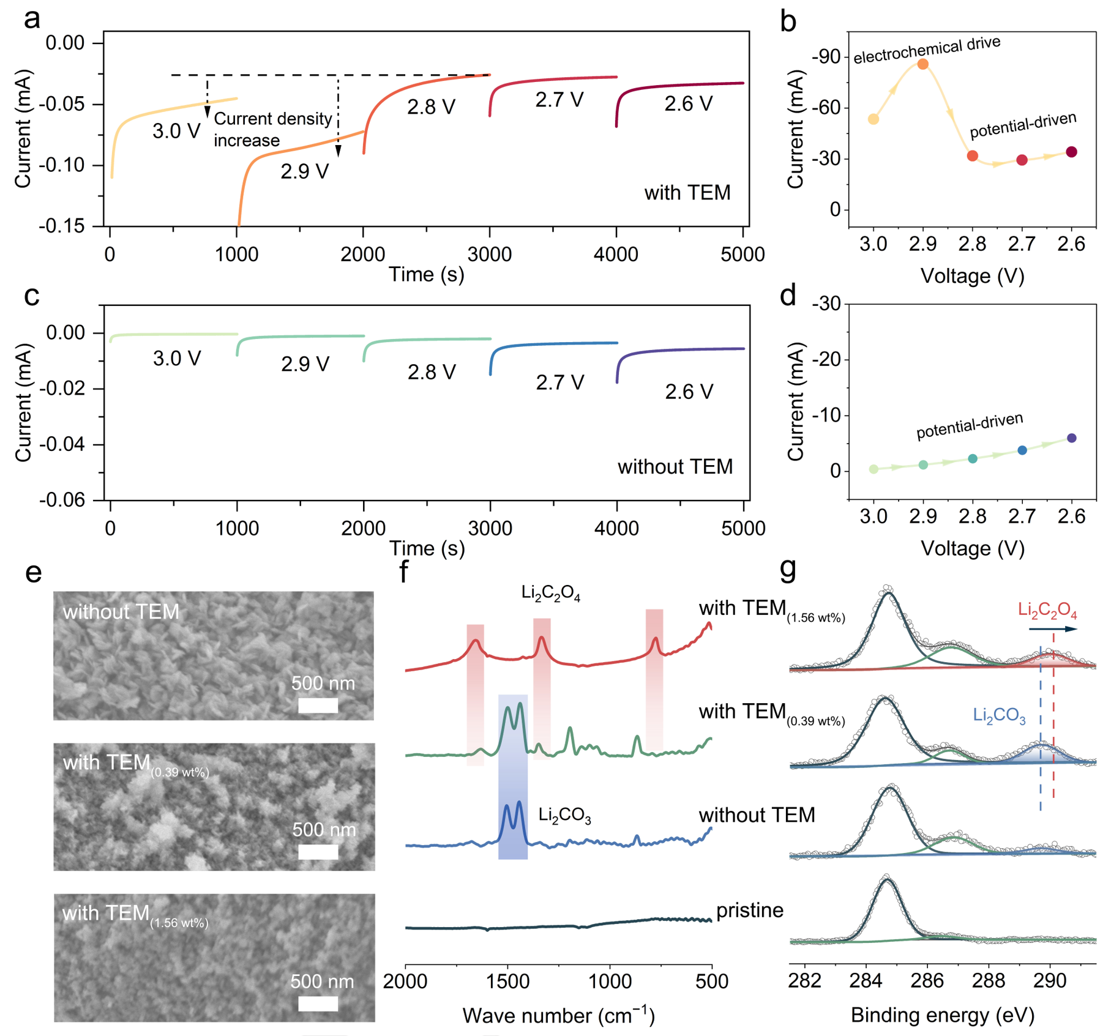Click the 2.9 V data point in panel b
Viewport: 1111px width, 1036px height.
(922, 64)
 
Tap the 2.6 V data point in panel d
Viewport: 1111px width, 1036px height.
(1071, 438)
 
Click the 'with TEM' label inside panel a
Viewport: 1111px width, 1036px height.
(687, 193)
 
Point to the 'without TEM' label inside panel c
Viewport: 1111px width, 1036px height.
(675, 467)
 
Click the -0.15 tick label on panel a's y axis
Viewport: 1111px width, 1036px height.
(62, 226)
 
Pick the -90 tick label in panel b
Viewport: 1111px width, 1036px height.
(826, 58)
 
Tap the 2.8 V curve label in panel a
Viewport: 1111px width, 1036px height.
(431, 107)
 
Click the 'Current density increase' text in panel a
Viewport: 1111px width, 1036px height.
(272, 129)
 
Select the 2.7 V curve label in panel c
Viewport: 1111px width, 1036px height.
(559, 382)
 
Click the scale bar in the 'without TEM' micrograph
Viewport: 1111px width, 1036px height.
(318, 706)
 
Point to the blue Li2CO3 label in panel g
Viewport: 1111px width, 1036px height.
(999, 715)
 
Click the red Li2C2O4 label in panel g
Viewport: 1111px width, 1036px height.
(1047, 610)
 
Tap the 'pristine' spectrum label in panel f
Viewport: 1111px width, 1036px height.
(749, 910)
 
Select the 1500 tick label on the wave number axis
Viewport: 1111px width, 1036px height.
(507, 982)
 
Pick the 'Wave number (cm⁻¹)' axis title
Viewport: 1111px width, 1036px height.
(558, 1015)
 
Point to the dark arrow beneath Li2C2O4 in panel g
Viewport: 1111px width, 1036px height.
(1052, 629)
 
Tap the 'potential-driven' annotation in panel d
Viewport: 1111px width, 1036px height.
(969, 426)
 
